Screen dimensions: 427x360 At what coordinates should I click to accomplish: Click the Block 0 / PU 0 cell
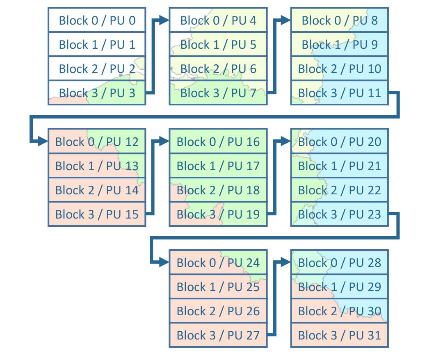[x=97, y=20]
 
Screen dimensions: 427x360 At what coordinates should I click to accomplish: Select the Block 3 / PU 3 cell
[x=97, y=93]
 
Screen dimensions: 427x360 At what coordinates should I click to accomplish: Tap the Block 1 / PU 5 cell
[x=218, y=44]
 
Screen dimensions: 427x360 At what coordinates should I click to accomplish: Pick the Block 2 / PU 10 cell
[x=340, y=68]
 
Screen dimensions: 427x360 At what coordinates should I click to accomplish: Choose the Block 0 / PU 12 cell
[x=97, y=141]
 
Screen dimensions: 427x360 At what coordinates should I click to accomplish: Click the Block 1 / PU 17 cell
[x=218, y=166]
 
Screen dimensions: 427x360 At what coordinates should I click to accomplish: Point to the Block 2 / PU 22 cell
[x=340, y=190]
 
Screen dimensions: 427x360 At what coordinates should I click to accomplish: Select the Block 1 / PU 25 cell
[x=218, y=287]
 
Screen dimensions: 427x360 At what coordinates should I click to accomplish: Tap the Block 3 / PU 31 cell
[x=340, y=335]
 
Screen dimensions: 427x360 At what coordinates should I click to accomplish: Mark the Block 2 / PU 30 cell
[x=340, y=311]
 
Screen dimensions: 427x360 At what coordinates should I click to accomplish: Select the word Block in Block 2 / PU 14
[x=70, y=190]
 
